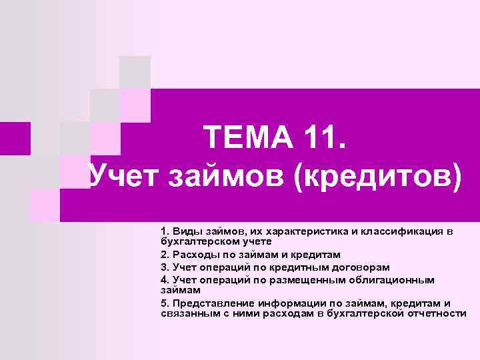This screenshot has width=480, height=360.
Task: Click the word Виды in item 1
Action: tap(185, 231)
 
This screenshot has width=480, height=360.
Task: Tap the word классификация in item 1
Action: tap(403, 231)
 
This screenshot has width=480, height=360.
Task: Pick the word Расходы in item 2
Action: tap(193, 255)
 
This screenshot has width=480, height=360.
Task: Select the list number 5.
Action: tap(164, 303)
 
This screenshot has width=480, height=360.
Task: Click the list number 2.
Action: tap(164, 255)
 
